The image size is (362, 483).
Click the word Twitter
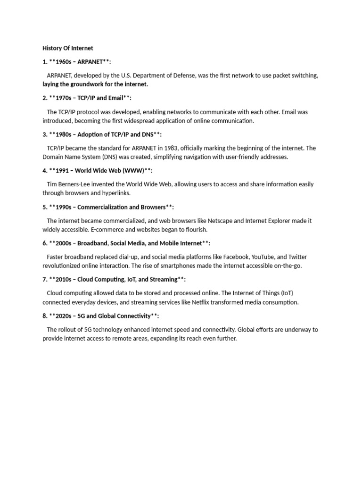297,257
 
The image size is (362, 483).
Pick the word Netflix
203,302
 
